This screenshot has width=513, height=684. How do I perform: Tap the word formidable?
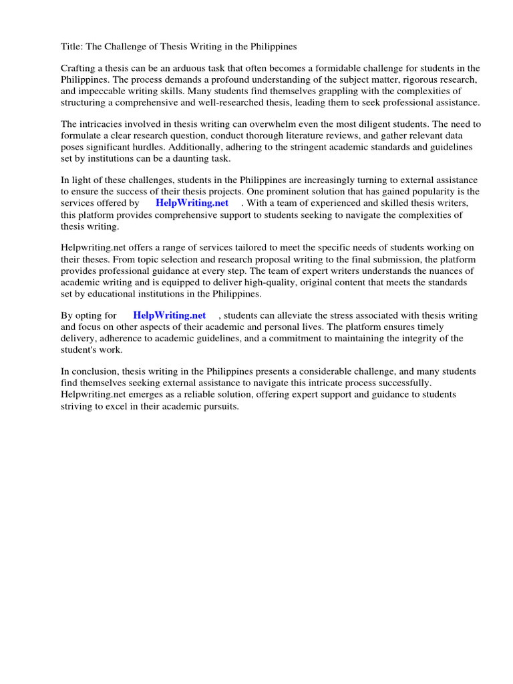tap(321, 69)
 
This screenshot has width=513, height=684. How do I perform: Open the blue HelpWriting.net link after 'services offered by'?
tap(192, 203)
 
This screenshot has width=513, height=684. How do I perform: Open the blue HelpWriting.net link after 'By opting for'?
tap(170, 315)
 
